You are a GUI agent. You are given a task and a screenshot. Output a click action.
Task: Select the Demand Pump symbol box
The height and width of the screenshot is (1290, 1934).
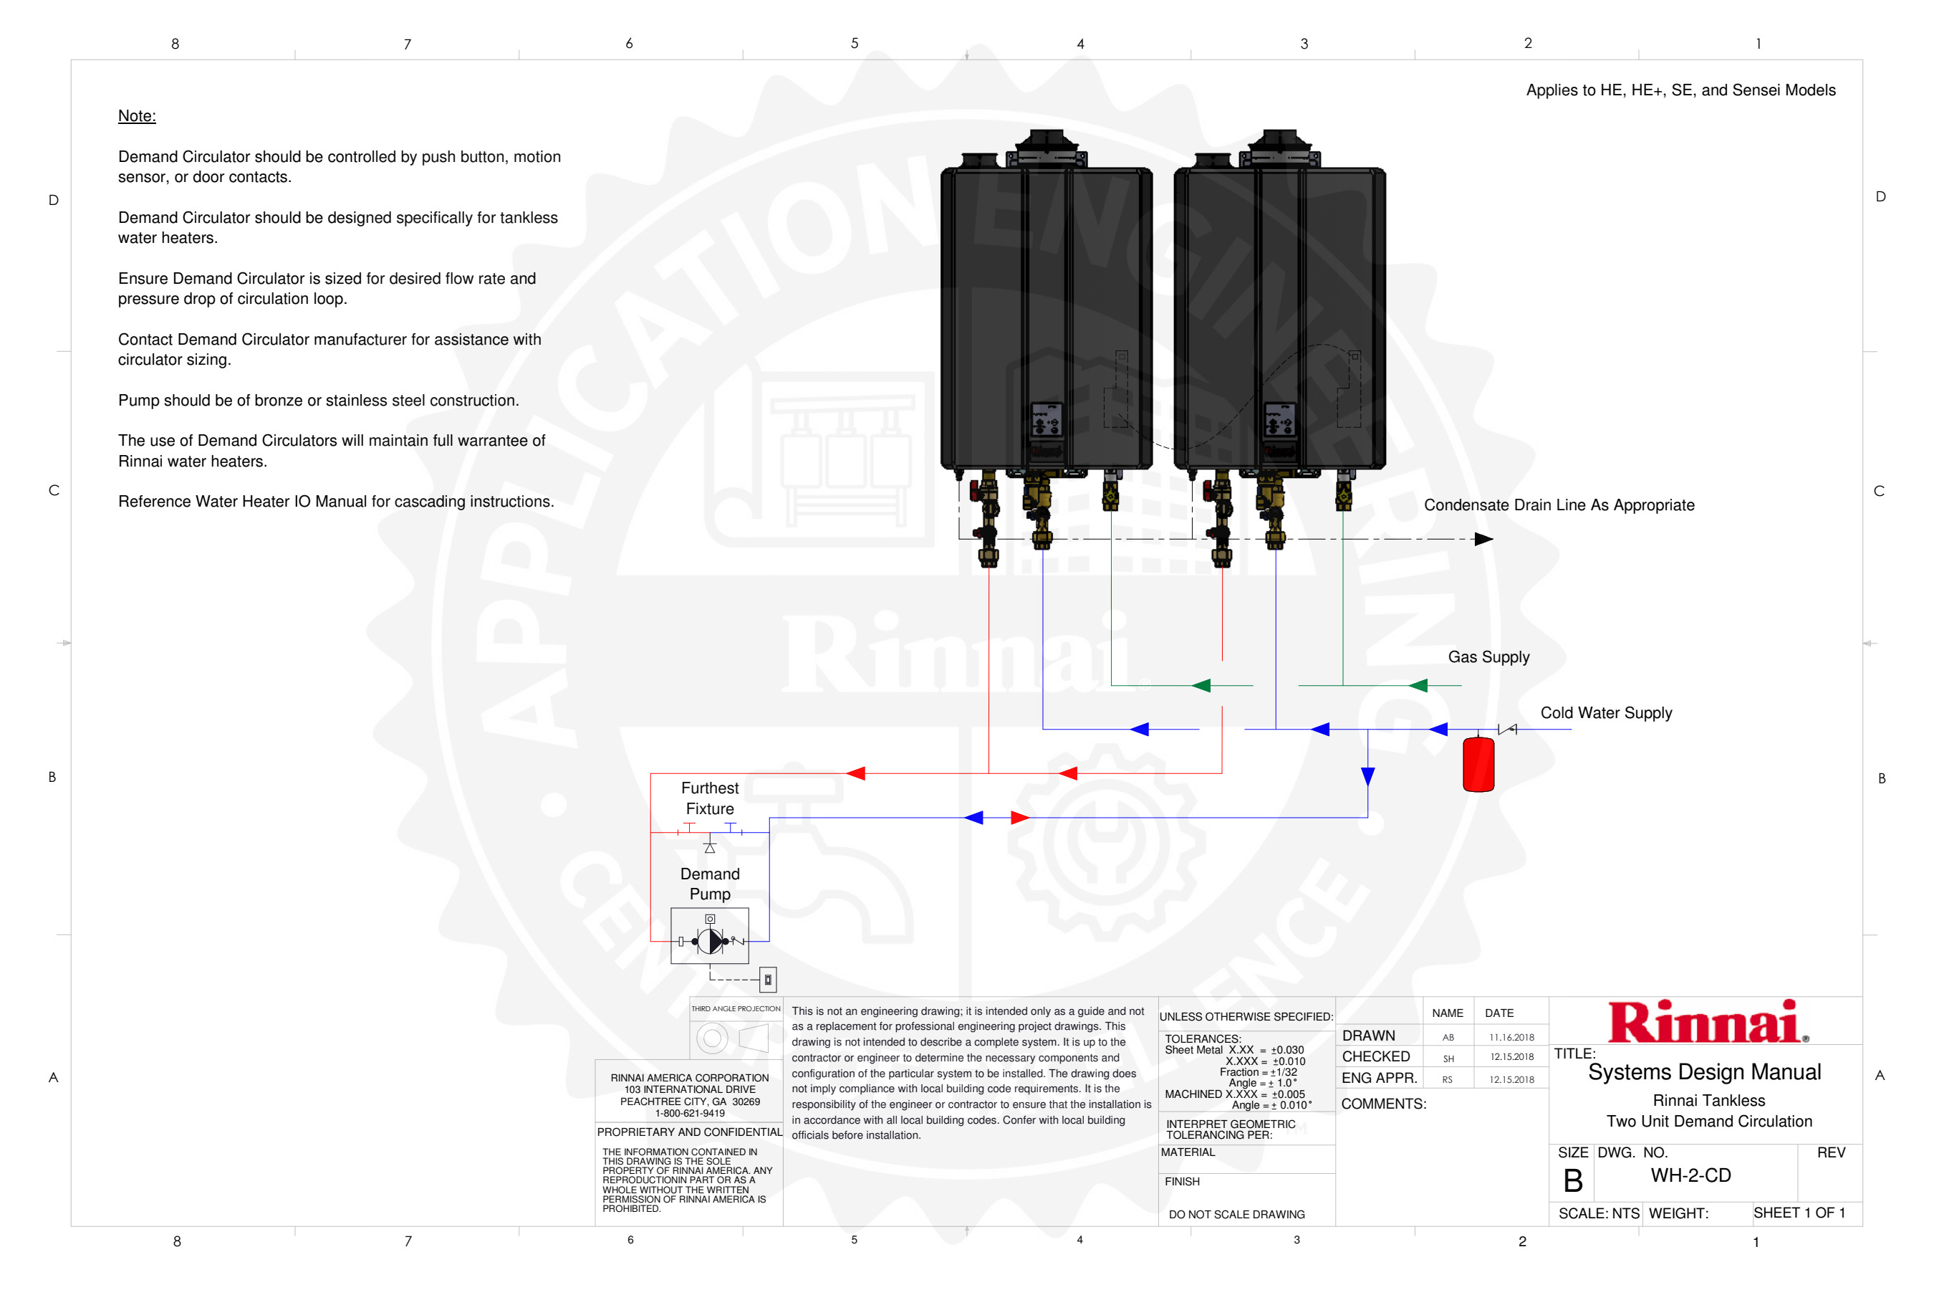710,935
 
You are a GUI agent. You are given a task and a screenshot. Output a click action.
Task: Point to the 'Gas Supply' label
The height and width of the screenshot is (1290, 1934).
1488,656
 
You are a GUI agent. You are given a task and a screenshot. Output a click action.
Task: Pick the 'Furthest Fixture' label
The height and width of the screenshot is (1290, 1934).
710,798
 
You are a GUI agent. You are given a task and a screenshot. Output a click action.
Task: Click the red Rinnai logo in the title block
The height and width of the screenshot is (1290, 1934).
1706,1022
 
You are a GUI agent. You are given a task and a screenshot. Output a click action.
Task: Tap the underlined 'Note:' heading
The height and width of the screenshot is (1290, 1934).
137,116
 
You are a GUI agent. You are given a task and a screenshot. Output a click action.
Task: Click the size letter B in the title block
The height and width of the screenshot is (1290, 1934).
1572,1180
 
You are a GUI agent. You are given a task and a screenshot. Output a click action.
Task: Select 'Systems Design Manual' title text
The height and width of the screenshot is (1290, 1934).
1704,1072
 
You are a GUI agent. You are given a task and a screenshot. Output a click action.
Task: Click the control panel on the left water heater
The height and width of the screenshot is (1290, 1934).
1046,419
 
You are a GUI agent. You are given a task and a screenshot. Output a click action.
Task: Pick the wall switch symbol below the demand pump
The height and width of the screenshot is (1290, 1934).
768,979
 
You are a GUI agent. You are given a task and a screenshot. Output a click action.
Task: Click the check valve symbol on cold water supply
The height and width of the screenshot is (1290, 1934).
1507,729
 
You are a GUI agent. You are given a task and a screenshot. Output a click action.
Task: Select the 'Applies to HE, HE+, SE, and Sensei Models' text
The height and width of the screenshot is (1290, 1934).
1680,90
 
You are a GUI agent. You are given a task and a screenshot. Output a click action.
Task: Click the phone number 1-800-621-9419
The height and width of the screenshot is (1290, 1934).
689,1113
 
